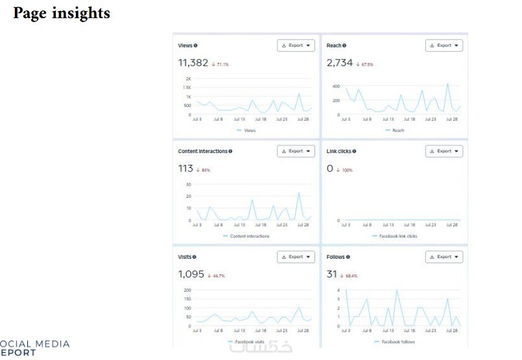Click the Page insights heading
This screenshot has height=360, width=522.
click(62, 14)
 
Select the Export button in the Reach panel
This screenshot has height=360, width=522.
click(444, 45)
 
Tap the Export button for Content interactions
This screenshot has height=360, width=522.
click(296, 151)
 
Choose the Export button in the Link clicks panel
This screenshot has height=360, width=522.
click(444, 151)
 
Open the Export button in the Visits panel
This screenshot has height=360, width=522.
click(296, 257)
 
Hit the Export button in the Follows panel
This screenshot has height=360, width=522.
click(444, 257)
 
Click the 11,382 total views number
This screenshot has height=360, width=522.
click(193, 63)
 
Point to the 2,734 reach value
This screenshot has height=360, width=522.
click(340, 63)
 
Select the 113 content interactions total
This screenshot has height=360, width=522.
click(185, 169)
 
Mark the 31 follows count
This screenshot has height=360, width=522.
click(333, 274)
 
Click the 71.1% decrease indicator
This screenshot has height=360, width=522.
click(220, 65)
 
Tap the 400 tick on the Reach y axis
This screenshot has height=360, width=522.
click(336, 86)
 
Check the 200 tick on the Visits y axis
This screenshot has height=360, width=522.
click(187, 291)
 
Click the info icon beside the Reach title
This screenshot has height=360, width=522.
click(344, 45)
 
